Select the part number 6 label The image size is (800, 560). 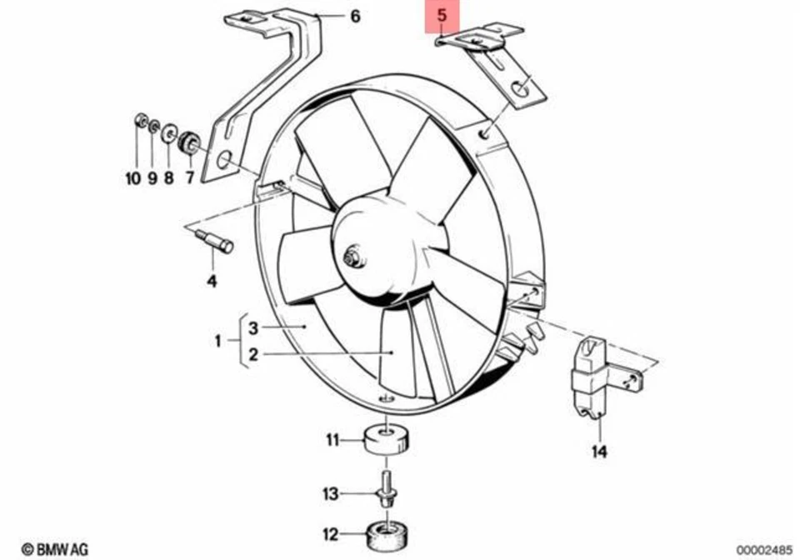tap(355, 16)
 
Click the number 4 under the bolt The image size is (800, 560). tap(212, 281)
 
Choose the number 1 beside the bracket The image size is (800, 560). tap(219, 341)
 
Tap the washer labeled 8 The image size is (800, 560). tap(169, 132)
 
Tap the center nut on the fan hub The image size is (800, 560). tap(353, 257)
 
